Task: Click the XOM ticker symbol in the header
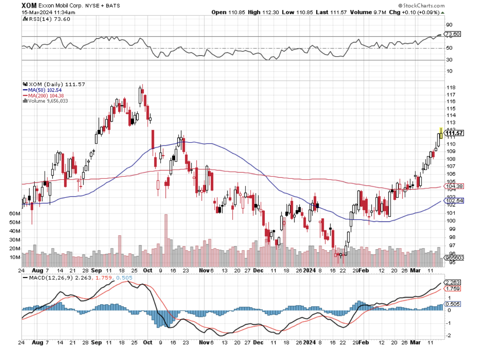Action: (29, 6)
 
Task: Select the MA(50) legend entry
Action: (40, 90)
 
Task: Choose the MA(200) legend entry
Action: (41, 95)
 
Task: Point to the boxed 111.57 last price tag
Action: (454, 133)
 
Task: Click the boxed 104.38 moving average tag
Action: (453, 186)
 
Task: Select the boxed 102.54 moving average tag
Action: (453, 201)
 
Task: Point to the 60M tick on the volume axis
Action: (15, 213)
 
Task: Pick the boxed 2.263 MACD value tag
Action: (453, 282)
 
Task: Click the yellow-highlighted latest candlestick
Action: (441, 134)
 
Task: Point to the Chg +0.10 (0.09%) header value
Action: (414, 12)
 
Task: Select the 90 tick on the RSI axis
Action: (449, 25)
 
